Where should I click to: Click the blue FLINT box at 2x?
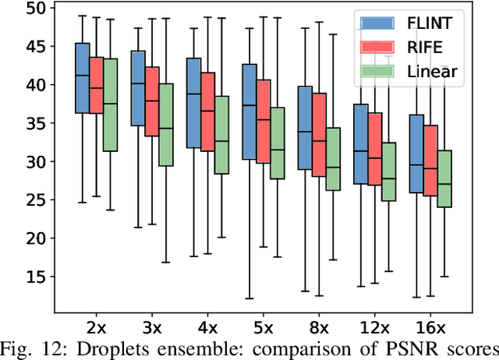(x=81, y=78)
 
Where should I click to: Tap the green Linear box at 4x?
(x=221, y=135)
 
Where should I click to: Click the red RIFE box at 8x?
(x=319, y=135)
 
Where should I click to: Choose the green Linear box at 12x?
(x=389, y=171)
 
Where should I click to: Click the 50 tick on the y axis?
(x=35, y=9)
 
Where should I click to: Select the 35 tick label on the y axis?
(x=35, y=124)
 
